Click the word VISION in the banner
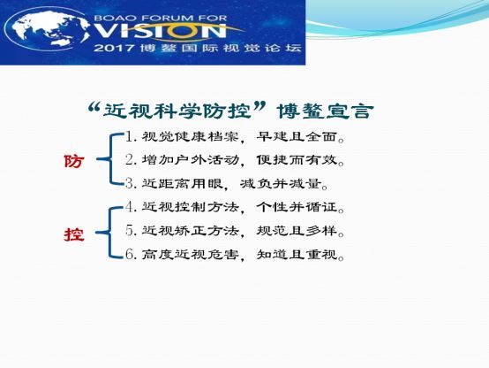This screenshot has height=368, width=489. [x=160, y=30]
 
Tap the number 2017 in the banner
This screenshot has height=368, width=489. [x=114, y=48]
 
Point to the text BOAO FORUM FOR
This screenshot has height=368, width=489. [x=160, y=18]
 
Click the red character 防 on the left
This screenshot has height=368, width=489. [x=74, y=161]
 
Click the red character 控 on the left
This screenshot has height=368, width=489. [x=74, y=234]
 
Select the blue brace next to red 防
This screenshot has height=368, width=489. [x=110, y=159]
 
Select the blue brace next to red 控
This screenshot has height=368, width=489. [x=109, y=233]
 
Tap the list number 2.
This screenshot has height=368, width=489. [x=131, y=160]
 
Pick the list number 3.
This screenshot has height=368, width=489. [x=131, y=183]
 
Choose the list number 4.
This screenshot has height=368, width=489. [x=131, y=207]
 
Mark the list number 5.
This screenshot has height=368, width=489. [x=131, y=230]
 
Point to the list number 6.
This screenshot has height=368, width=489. [x=131, y=254]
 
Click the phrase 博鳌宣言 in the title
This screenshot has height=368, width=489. [x=325, y=111]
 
